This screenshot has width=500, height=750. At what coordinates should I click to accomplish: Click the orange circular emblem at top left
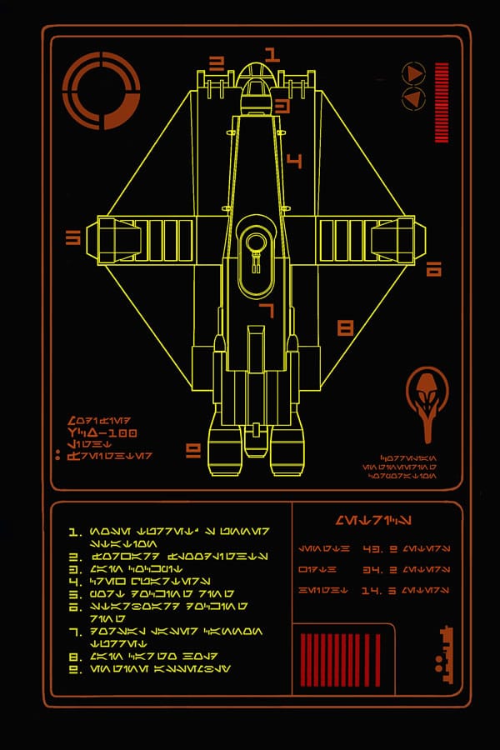(101, 89)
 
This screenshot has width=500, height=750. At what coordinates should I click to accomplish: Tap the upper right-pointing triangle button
(413, 73)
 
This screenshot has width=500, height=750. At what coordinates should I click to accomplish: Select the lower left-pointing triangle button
(413, 99)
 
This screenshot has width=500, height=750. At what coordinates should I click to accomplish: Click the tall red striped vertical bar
(442, 102)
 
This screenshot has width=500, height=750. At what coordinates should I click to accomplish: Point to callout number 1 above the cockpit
(271, 56)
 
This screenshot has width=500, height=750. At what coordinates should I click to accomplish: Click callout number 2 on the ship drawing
(217, 62)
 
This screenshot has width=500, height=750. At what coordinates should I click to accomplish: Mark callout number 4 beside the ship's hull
(293, 160)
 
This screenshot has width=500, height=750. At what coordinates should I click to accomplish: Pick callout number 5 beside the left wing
(72, 238)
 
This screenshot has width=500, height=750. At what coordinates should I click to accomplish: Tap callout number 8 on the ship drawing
(345, 327)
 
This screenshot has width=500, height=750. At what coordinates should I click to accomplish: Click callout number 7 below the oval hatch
(266, 311)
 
